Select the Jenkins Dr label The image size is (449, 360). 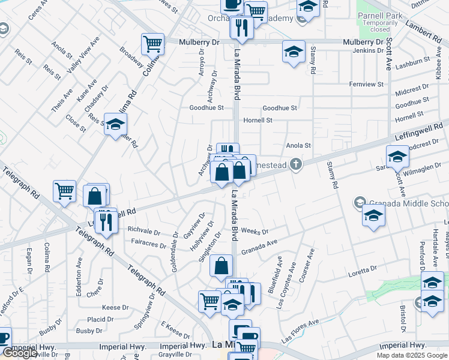(369, 50)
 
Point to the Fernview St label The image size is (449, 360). (366, 84)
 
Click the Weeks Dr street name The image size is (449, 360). (254, 232)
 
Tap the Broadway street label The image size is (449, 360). (131, 57)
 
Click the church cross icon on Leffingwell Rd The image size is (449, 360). (295, 164)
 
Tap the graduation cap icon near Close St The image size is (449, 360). (115, 124)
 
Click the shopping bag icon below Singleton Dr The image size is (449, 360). (221, 265)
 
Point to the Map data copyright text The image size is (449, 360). (412, 355)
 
